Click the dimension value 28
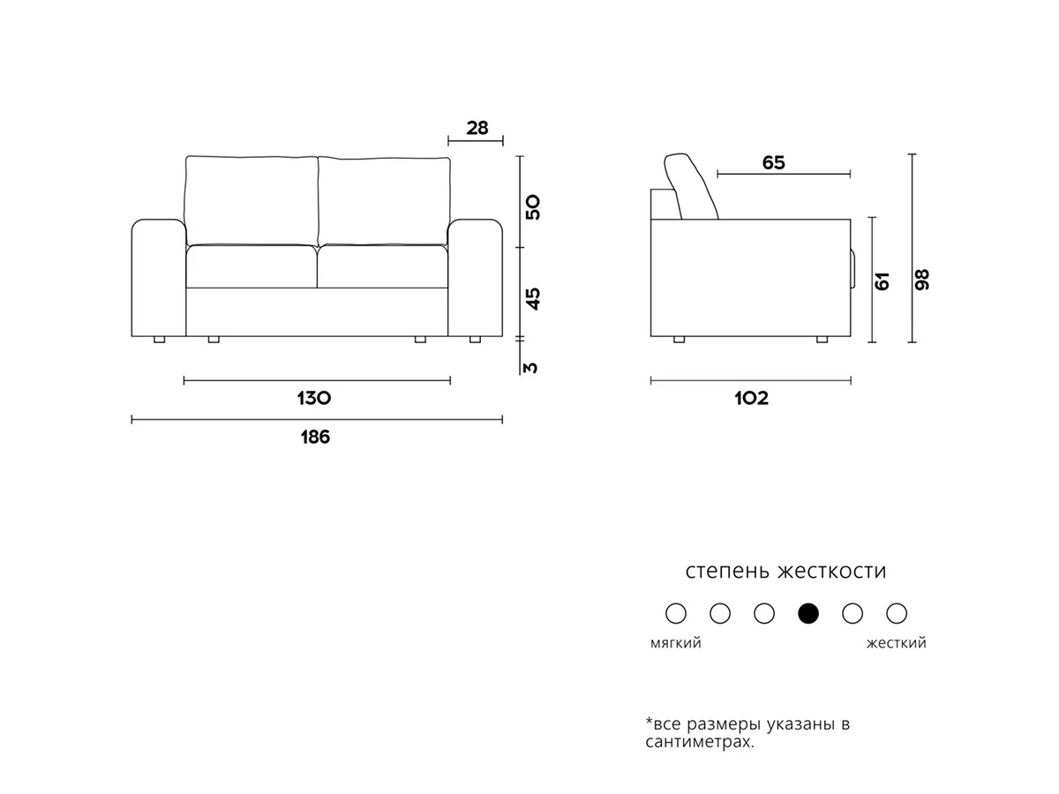click(477, 128)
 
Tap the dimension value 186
click(316, 438)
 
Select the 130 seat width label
click(314, 398)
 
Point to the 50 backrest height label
click(533, 207)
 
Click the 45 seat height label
click(533, 299)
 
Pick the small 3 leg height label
click(530, 367)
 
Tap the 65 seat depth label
click(773, 163)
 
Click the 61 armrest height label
click(882, 281)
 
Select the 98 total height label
click(922, 280)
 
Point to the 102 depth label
click(751, 398)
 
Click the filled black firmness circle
click(808, 613)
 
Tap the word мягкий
click(675, 643)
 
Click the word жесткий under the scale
click(896, 643)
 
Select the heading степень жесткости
click(785, 571)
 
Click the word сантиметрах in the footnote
click(700, 742)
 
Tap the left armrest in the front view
click(159, 278)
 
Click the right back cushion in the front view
click(384, 200)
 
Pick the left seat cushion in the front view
click(252, 266)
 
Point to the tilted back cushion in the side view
click(691, 186)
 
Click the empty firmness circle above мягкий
click(675, 613)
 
